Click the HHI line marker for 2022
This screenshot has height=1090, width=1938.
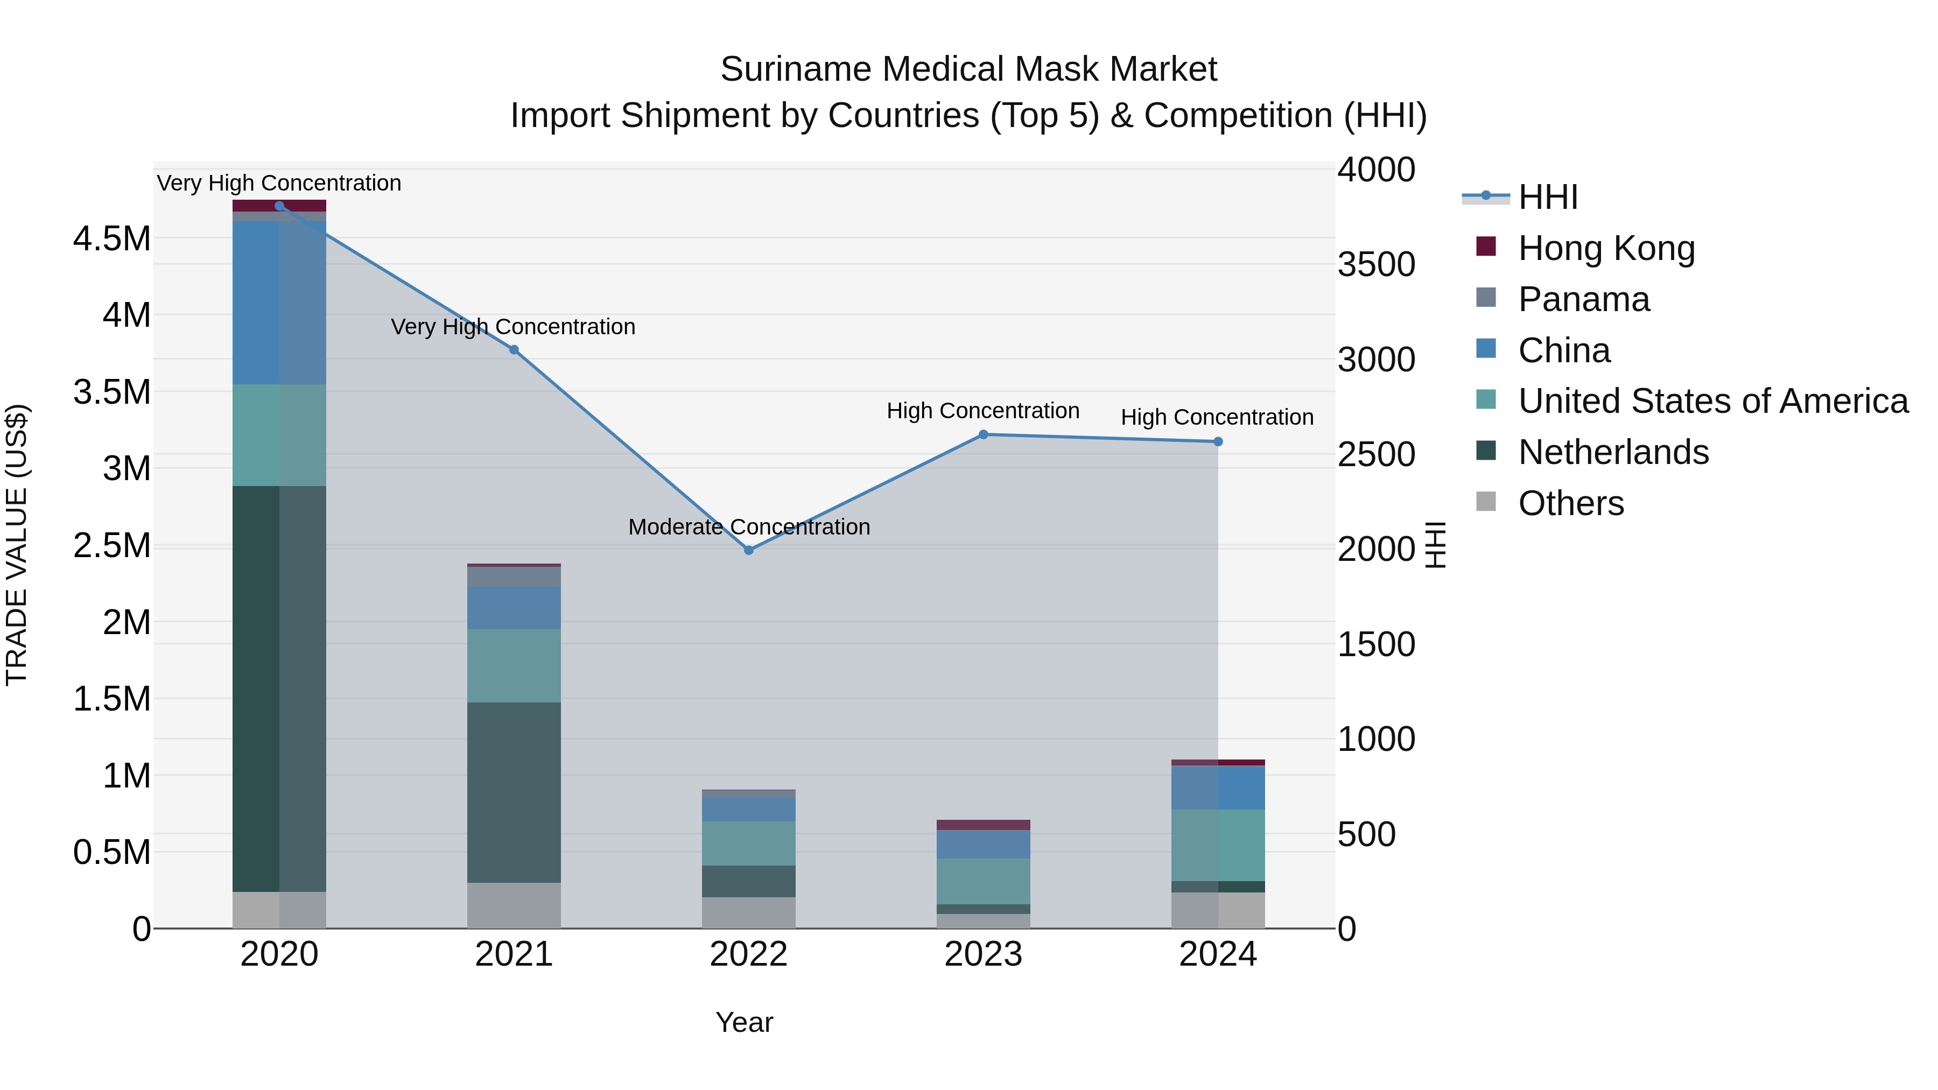[749, 550]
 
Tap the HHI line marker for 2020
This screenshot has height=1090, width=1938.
[279, 206]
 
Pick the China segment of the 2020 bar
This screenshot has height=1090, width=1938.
[279, 303]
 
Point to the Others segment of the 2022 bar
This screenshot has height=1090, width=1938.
[749, 912]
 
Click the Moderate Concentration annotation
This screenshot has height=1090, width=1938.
[749, 526]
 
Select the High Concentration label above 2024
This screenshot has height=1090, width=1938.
[1217, 417]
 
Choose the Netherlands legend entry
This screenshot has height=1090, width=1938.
[1612, 452]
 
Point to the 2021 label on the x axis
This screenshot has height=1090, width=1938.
[514, 954]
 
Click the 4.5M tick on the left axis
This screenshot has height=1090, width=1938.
[111, 238]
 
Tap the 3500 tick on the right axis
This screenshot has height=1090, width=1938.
[1376, 264]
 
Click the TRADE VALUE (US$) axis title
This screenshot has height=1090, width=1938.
[17, 545]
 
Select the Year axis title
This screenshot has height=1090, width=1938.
[744, 1022]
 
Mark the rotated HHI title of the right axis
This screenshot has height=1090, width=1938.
[1435, 545]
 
